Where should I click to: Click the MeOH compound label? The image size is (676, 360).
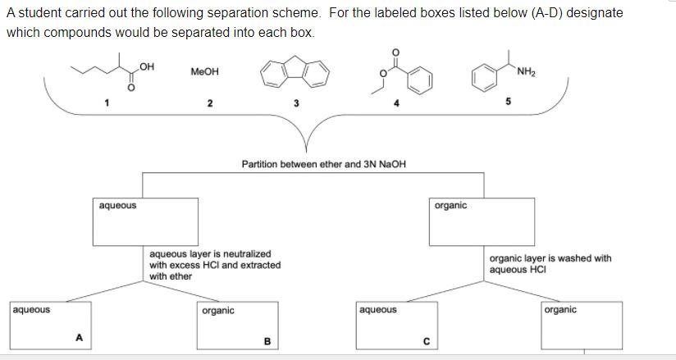[x=204, y=72]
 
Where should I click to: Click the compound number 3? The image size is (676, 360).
[x=296, y=103]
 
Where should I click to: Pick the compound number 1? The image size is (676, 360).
[x=106, y=103]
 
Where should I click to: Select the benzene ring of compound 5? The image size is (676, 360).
[x=484, y=80]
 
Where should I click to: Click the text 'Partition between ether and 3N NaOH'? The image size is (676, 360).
[x=323, y=164]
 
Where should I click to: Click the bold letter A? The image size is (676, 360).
[x=79, y=335]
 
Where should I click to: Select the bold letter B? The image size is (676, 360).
[x=266, y=342]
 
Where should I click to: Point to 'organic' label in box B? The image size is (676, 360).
[x=217, y=310]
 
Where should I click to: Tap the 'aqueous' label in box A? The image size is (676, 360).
[x=31, y=310]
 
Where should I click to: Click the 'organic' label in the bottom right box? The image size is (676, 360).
[x=560, y=310]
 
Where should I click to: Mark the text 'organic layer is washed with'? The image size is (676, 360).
[x=550, y=258]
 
